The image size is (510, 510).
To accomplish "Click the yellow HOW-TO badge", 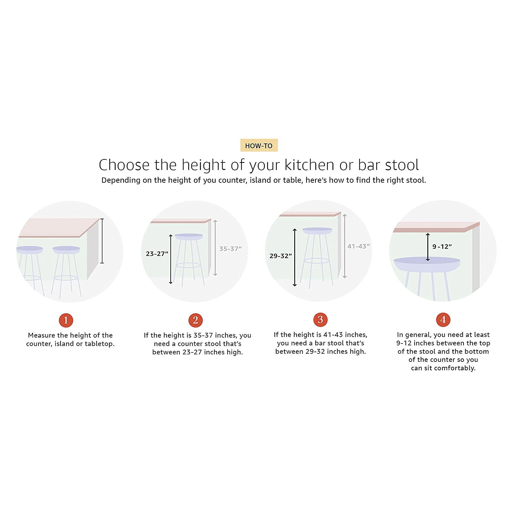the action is (259, 145).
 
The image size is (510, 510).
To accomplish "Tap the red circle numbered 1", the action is (66, 320).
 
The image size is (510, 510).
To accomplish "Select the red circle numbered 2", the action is (195, 320).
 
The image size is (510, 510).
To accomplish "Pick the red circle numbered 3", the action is (320, 320).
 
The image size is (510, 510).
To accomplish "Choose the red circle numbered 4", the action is (443, 320).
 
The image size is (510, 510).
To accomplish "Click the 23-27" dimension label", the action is (157, 254).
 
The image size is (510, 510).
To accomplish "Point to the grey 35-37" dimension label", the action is (230, 249).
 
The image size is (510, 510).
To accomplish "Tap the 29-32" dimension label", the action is (280, 256).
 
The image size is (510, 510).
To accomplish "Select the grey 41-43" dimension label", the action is (358, 246).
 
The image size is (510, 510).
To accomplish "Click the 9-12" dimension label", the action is (442, 247).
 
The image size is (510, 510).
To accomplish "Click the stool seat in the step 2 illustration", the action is (189, 237).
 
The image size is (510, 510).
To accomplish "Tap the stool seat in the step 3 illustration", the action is (317, 231).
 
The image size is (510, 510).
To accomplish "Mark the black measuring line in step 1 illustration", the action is (102, 241).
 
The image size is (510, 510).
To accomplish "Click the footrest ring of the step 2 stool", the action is (188, 265).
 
